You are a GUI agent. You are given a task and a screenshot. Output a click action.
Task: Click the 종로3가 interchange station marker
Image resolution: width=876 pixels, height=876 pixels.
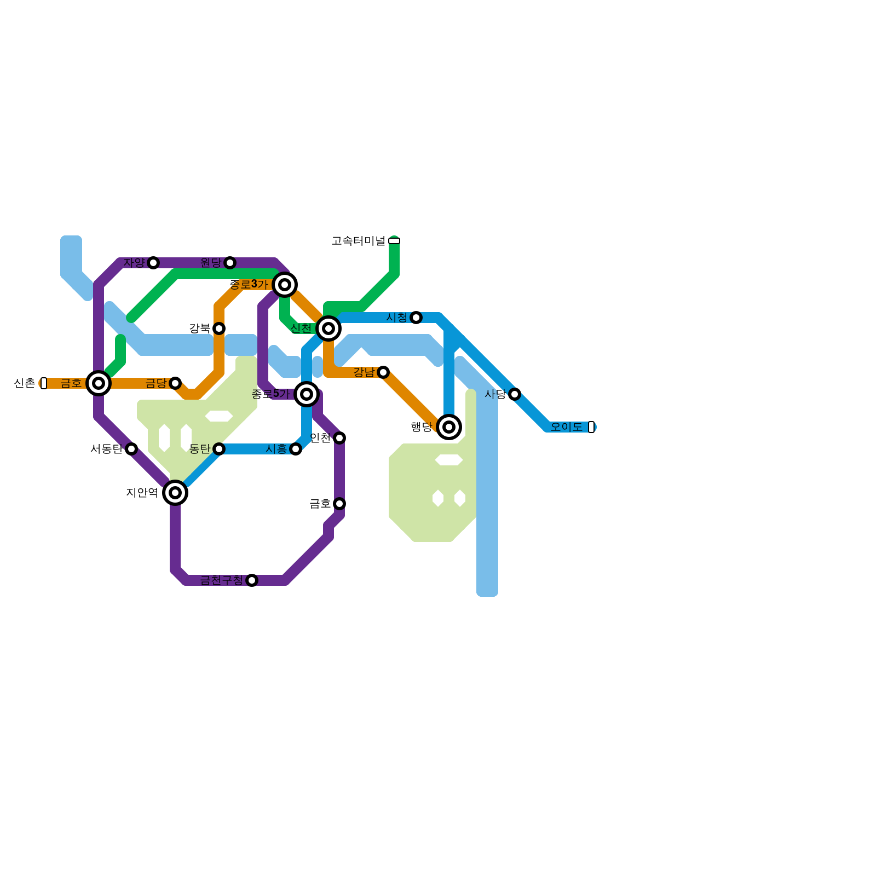(285, 284)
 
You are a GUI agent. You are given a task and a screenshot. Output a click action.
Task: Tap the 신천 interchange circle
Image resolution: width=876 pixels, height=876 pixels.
(328, 328)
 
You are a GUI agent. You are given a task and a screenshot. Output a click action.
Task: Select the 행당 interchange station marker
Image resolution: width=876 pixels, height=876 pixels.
(449, 427)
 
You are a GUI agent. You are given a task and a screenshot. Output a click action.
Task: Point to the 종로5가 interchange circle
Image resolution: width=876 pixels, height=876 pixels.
(307, 394)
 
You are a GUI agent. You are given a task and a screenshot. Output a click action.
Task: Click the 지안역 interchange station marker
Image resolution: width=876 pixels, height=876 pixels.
(175, 492)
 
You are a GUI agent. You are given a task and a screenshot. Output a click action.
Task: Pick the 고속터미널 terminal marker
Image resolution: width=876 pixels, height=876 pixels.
(394, 240)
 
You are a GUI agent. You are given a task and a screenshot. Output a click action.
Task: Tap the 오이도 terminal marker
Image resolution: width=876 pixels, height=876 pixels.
(591, 427)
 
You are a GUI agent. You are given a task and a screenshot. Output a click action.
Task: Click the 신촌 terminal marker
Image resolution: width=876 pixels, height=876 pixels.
(44, 383)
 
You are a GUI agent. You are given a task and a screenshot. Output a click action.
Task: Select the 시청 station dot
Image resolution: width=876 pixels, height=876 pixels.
(416, 317)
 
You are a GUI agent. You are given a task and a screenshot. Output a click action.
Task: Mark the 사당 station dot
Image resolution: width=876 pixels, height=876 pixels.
(515, 394)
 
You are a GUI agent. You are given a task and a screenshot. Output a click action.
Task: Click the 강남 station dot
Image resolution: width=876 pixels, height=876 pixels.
(383, 372)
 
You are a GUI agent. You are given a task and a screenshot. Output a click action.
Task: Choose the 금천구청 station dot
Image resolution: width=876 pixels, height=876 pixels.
(252, 580)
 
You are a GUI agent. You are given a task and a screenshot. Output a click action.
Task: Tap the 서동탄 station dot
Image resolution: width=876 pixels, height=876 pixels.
(131, 448)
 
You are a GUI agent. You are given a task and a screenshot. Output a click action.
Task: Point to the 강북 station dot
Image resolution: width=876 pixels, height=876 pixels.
(219, 328)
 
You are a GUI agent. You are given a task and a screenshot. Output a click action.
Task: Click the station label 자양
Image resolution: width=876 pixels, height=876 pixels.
(134, 262)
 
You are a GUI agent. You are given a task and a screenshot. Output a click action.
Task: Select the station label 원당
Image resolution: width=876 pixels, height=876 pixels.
(211, 262)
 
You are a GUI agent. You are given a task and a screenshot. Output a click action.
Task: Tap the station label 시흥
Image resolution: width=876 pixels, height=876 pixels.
(276, 449)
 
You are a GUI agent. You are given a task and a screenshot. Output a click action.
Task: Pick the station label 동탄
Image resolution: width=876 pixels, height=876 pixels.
(200, 449)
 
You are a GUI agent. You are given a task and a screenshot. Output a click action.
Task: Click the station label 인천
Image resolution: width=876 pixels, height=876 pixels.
(320, 437)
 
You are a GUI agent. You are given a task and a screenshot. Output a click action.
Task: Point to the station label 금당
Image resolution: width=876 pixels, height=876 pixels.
(156, 383)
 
